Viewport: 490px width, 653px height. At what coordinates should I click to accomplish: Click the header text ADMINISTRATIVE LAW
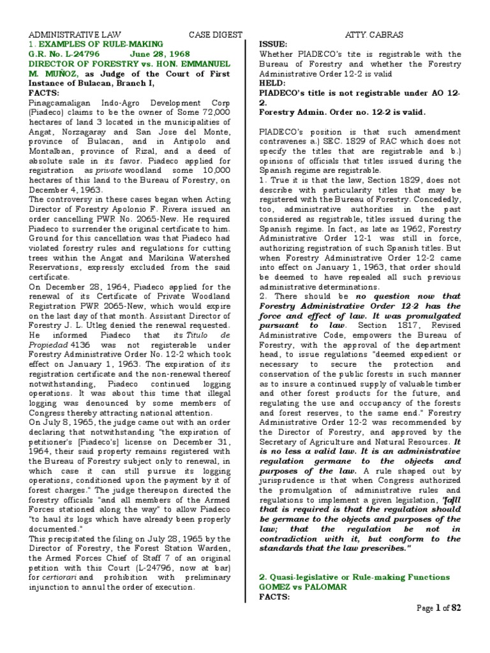(71, 34)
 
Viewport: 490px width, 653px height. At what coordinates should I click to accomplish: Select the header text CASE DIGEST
(215, 34)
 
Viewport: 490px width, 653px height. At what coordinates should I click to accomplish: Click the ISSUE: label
(273, 44)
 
